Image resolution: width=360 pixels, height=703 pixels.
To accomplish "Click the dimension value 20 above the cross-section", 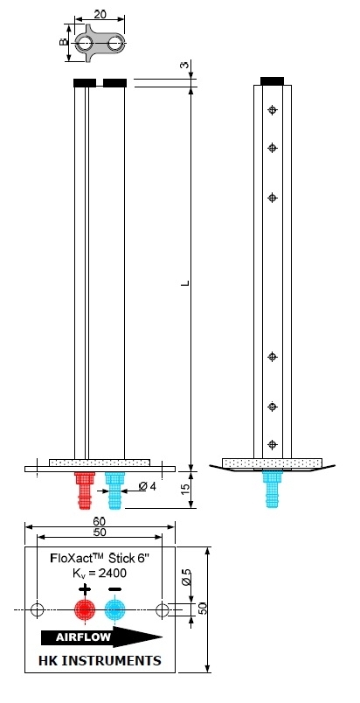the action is pos(100,14).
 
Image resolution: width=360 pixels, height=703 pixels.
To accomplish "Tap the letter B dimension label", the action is pos(64,42).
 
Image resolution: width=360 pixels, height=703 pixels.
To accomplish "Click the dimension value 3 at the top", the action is pos(185,65).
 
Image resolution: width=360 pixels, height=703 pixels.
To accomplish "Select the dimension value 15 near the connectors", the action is pos(185,490).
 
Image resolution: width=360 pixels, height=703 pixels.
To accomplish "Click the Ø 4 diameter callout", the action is pos(148,486).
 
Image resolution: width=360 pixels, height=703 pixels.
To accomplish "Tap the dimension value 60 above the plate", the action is pos(100,521).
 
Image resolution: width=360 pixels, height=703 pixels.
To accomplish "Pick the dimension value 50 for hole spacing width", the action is pos(100,532).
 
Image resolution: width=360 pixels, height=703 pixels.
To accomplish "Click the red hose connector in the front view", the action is pos(85,490).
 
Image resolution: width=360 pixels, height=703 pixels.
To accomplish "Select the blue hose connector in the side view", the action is pos(273,489).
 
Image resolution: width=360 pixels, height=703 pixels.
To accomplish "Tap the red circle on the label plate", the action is pos(85,609).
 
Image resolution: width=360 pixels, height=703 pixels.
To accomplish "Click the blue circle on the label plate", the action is pos(115,609).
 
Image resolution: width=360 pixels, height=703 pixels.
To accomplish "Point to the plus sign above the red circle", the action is pos(85,589).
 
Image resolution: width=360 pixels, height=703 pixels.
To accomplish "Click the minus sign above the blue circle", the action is pos(115,589).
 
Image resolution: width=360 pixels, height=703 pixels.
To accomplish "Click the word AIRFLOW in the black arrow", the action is pos(83,637).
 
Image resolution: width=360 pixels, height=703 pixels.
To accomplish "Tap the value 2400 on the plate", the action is pos(112,573).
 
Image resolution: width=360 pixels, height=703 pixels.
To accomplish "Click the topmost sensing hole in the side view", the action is pos(273,110).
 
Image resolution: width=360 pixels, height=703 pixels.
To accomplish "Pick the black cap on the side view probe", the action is pos(273,81).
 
